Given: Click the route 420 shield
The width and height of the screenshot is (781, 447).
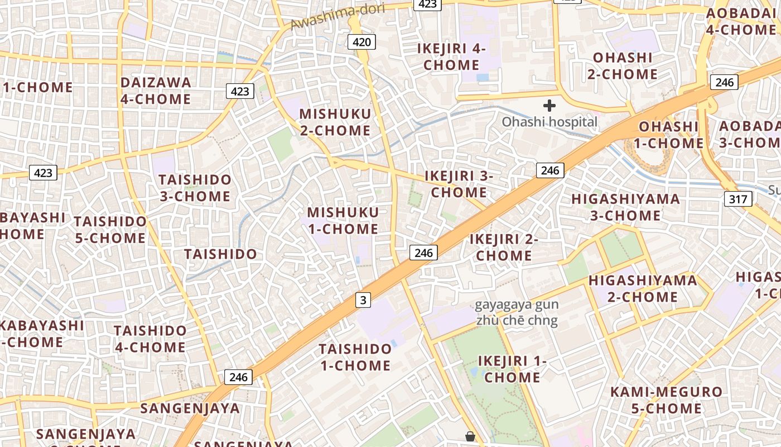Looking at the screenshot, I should click(x=361, y=42).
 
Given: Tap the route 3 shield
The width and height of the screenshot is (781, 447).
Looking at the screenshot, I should click(x=363, y=300).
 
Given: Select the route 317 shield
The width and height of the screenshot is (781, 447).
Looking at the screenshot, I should click(x=738, y=198).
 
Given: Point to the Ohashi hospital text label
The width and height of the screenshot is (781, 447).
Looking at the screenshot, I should click(x=549, y=122).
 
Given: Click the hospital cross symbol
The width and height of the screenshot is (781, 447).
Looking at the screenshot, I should click(x=549, y=105).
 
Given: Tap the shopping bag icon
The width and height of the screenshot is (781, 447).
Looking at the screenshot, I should click(x=470, y=436).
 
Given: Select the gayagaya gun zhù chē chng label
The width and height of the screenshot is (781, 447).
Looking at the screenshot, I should click(x=517, y=313).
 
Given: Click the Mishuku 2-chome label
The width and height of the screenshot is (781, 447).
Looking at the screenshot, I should click(x=335, y=122).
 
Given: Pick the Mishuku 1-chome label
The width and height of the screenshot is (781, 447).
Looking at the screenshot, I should click(x=343, y=221).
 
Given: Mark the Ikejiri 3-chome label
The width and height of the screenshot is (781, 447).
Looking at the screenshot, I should click(x=459, y=184).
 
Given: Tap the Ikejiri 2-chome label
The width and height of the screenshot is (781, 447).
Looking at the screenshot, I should click(x=504, y=247).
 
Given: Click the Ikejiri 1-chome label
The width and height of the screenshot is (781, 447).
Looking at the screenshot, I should click(x=513, y=369).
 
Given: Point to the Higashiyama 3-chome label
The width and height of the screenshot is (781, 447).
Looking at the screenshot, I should click(x=626, y=207).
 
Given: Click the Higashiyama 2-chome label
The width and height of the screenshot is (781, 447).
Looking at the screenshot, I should click(x=643, y=288).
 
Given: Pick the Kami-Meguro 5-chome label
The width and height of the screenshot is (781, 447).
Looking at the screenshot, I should click(x=666, y=400).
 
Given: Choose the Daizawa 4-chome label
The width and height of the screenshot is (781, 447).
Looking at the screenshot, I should click(x=156, y=91).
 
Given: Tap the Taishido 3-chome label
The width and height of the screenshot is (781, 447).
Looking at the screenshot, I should click(x=195, y=188).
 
